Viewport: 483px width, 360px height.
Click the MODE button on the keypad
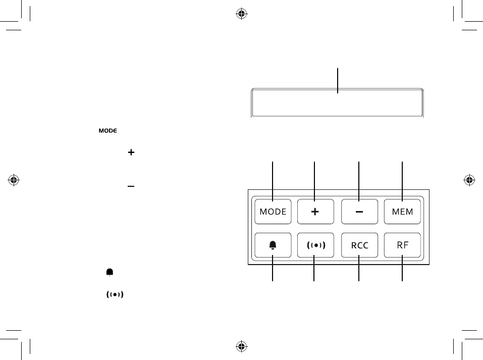[273, 212]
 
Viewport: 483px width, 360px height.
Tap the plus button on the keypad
[315, 212]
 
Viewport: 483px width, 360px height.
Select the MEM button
[402, 212]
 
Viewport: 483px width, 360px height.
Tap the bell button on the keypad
[273, 245]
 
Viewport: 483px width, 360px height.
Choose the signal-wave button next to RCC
[315, 245]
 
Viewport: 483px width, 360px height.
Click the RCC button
[359, 245]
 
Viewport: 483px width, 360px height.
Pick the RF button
[402, 245]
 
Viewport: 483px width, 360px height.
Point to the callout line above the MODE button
[273, 177]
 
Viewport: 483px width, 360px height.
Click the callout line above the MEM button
[402, 177]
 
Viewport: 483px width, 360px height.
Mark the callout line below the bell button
[273, 273]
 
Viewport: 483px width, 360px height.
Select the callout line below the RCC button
[359, 273]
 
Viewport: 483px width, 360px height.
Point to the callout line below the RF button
[402, 273]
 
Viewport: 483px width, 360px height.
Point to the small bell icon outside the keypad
[110, 272]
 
